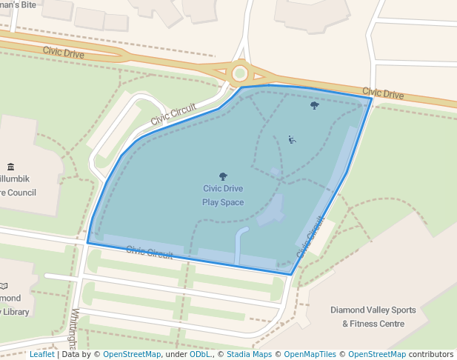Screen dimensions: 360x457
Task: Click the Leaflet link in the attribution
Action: (x=41, y=354)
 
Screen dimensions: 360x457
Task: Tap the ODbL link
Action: (x=199, y=354)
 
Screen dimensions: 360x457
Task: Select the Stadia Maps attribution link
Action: (x=249, y=354)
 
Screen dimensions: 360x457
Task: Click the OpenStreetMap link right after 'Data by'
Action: (x=132, y=354)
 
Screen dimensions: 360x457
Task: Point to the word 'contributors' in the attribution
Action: (x=431, y=354)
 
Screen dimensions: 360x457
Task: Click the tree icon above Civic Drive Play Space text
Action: (x=223, y=176)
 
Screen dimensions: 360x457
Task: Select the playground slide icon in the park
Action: (x=292, y=139)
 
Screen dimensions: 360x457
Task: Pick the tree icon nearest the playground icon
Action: (x=315, y=105)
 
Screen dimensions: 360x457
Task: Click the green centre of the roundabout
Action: (x=240, y=73)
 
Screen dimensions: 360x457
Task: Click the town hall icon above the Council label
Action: (x=10, y=167)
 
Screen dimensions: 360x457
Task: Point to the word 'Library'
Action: (x=15, y=312)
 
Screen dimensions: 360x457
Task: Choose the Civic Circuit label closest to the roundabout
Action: (x=173, y=113)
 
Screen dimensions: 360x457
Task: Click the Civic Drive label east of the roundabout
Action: (x=383, y=94)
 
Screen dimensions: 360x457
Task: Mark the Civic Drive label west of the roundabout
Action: (x=63, y=52)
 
